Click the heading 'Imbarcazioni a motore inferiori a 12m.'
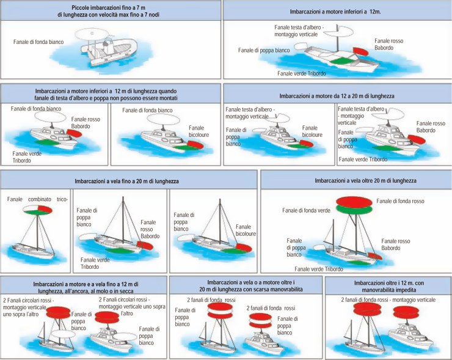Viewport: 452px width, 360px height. pos(337,12)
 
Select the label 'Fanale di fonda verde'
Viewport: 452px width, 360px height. pos(307,210)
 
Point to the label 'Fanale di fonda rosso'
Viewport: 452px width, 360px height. pos(400,201)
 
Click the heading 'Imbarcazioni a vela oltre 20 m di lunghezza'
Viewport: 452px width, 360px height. pos(357,181)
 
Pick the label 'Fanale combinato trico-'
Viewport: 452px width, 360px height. pos(37,200)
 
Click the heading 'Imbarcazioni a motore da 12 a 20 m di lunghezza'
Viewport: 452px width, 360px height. pos(337,96)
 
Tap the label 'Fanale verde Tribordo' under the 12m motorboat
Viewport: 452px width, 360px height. pos(302,73)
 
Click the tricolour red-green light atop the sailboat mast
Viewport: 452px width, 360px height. pos(37,211)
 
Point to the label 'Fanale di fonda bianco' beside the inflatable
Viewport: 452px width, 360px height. pos(38,42)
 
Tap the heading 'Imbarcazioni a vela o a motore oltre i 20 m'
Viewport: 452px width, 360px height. pos(246,285)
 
